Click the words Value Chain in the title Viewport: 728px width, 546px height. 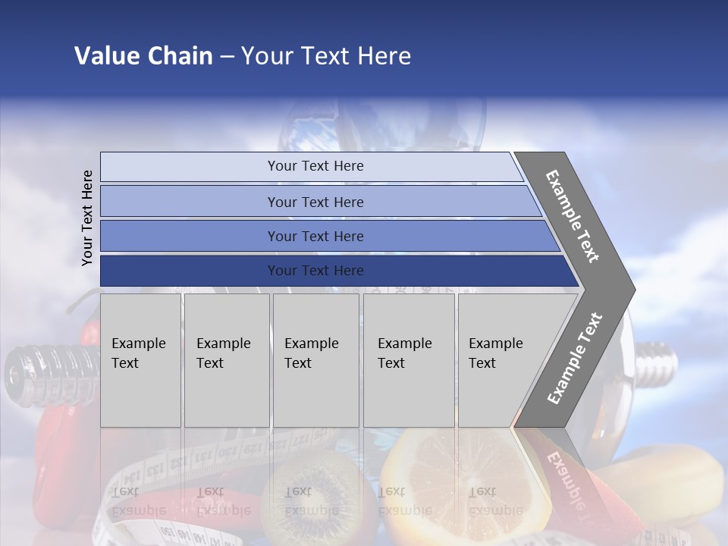(143, 56)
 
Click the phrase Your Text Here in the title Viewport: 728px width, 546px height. (326, 56)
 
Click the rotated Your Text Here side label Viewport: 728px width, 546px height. (87, 218)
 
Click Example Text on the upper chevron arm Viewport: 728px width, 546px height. (573, 216)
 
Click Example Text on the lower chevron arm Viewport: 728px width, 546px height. (574, 359)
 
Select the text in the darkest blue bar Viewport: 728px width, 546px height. (315, 271)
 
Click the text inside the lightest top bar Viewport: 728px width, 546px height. (315, 166)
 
